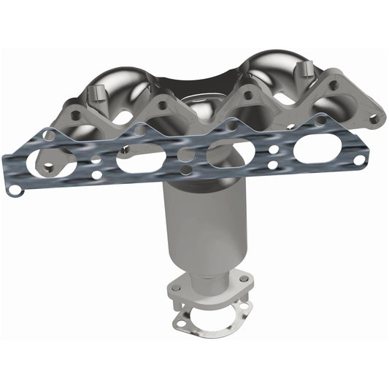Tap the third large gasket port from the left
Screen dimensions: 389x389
click(x=231, y=153)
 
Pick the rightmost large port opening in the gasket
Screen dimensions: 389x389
click(x=319, y=148)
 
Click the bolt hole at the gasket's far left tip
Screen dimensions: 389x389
click(x=15, y=190)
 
